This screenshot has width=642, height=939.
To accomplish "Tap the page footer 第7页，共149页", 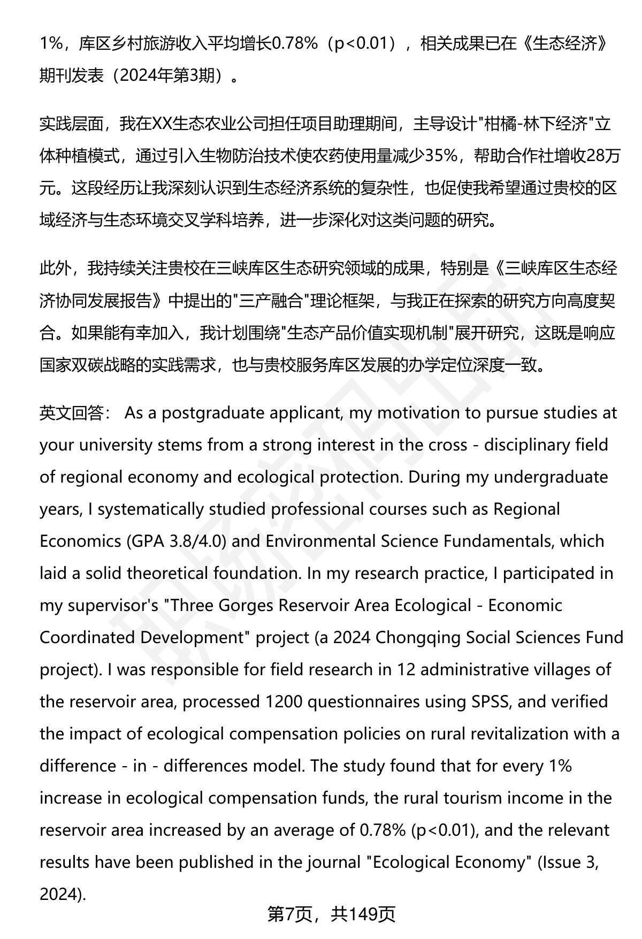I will point(331,914).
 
